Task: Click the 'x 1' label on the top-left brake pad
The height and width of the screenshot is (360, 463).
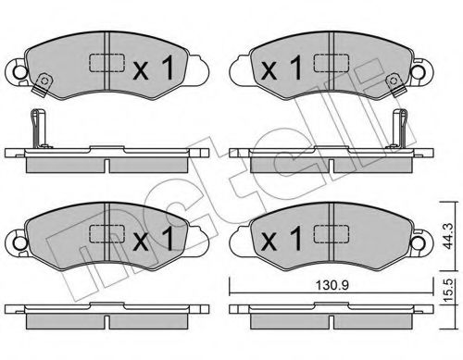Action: [154, 68]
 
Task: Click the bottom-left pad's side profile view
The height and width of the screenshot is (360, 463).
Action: [107, 317]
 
